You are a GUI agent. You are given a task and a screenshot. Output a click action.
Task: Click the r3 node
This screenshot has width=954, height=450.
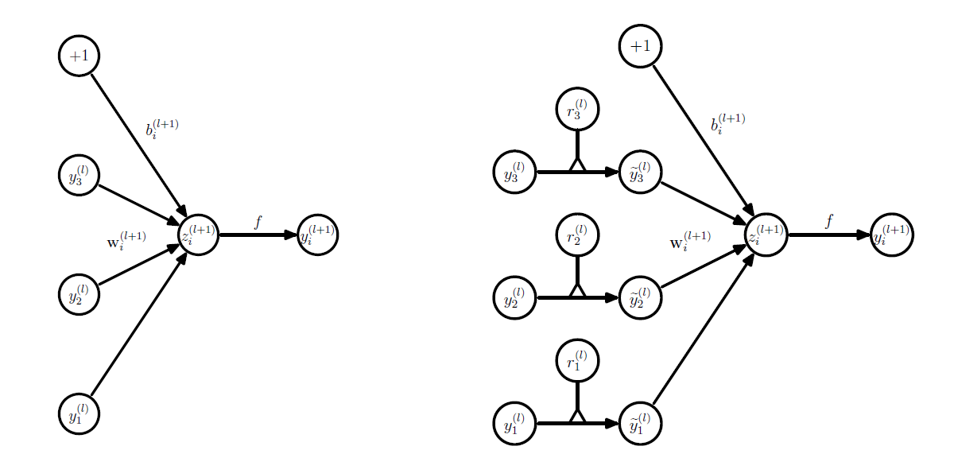click(577, 108)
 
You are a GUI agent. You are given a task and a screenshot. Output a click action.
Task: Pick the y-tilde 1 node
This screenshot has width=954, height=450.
click(639, 423)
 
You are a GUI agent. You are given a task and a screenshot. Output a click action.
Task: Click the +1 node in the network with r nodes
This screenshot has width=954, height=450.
click(640, 46)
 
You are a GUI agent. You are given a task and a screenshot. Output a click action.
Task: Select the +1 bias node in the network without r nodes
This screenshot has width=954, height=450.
click(79, 56)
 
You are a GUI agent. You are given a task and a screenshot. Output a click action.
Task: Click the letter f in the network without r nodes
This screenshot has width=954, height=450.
click(258, 222)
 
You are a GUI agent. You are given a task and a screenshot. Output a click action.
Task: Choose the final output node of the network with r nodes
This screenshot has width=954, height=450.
click(891, 235)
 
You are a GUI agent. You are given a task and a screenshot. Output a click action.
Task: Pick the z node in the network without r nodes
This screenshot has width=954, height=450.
click(198, 235)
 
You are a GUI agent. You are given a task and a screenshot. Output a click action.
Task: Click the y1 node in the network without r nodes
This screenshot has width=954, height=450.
click(79, 413)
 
